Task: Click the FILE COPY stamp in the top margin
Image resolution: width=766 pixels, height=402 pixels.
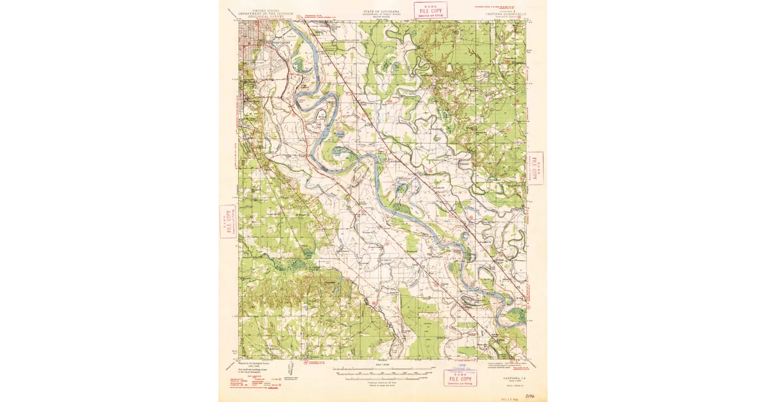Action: [430, 10]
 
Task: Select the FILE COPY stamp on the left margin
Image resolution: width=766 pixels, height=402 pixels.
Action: [227, 221]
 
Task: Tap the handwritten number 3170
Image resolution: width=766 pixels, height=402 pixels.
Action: [529, 396]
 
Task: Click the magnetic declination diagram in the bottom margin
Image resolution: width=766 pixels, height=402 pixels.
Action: [291, 368]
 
